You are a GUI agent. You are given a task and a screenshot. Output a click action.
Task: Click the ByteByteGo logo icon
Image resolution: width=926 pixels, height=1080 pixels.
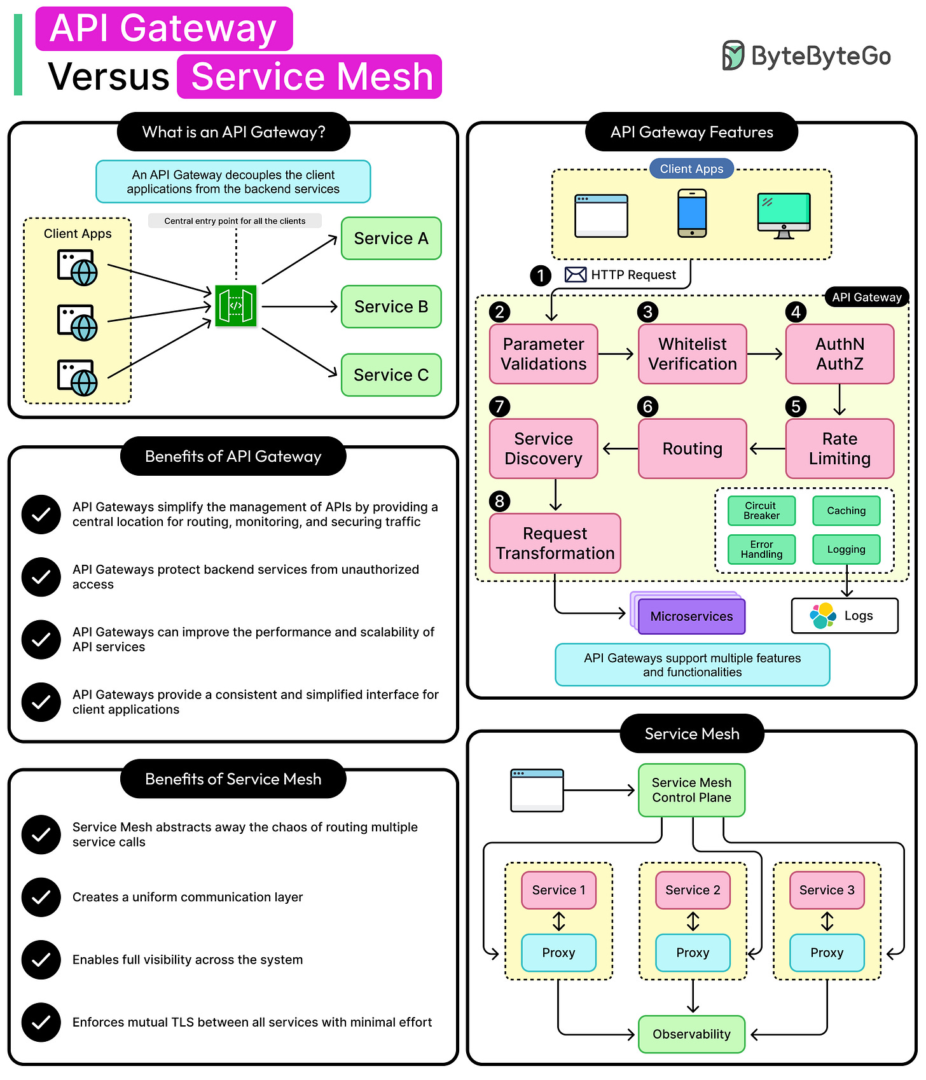tap(733, 55)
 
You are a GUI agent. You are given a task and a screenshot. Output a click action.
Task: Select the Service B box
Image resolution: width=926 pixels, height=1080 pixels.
tap(391, 307)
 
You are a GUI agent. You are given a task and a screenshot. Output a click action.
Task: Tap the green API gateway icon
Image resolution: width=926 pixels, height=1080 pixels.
tap(236, 306)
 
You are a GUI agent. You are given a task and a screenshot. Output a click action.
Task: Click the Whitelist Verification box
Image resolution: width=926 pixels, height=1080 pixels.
tap(692, 354)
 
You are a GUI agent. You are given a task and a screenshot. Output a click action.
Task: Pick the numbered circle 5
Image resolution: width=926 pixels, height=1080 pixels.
tap(796, 406)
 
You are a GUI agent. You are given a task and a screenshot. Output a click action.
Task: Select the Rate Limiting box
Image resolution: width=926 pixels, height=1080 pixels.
tap(840, 448)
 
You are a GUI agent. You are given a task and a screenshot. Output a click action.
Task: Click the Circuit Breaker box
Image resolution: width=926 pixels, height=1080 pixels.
tap(761, 511)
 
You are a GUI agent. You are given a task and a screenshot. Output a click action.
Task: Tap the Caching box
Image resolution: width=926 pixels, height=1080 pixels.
tap(846, 511)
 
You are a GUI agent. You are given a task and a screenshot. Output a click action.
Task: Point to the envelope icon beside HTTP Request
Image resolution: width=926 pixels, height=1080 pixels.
tap(576, 275)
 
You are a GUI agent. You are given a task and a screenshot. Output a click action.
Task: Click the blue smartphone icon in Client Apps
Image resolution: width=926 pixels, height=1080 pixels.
tap(692, 213)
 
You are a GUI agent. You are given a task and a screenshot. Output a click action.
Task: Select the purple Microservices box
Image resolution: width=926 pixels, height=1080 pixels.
tap(691, 616)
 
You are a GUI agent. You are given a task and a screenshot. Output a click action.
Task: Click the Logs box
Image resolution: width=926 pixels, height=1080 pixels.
tap(845, 616)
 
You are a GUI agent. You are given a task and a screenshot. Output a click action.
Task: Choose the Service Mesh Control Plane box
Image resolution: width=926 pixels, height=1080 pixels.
tap(691, 790)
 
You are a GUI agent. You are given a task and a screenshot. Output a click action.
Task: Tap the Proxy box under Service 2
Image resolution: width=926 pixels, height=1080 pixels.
tap(693, 952)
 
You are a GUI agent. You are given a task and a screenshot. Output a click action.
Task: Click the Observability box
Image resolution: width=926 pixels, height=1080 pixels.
tap(691, 1034)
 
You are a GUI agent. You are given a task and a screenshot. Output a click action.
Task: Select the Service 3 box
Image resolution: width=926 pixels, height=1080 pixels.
tap(827, 890)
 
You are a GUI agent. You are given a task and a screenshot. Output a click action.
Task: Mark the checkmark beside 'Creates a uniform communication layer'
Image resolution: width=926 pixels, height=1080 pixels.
tap(41, 897)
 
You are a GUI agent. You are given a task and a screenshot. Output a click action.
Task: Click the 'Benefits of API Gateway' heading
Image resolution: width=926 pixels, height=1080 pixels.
tap(233, 456)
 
